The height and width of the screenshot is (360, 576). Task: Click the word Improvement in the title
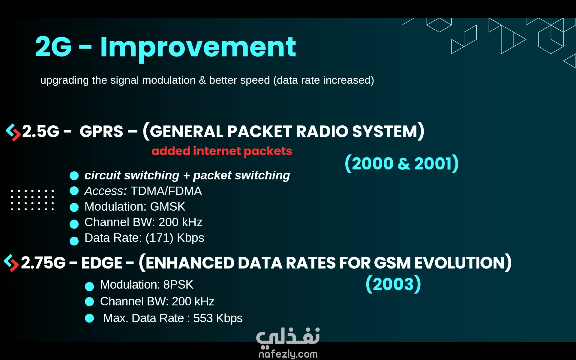pyautogui.click(x=198, y=48)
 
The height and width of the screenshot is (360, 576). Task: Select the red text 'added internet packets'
pyautogui.click(x=222, y=151)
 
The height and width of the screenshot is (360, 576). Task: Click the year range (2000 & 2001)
pyautogui.click(x=402, y=163)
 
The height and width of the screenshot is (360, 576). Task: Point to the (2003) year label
pyautogui.click(x=393, y=284)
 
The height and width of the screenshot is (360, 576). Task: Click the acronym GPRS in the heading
pyautogui.click(x=101, y=131)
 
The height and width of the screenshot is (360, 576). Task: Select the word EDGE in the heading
pyautogui.click(x=102, y=263)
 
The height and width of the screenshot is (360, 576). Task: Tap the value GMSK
pyautogui.click(x=167, y=207)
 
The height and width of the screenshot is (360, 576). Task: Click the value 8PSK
pyautogui.click(x=178, y=285)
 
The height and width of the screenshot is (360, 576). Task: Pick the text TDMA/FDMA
pyautogui.click(x=166, y=191)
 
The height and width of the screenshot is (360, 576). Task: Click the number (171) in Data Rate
pyautogui.click(x=159, y=238)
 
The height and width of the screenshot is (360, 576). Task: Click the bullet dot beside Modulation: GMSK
pyautogui.click(x=74, y=207)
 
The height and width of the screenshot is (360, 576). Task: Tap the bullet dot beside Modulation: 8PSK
pyautogui.click(x=89, y=286)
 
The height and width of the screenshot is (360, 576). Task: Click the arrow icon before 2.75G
pyautogui.click(x=11, y=263)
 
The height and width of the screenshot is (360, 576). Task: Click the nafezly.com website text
pyautogui.click(x=288, y=354)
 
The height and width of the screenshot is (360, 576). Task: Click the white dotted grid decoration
pyautogui.click(x=32, y=200)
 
